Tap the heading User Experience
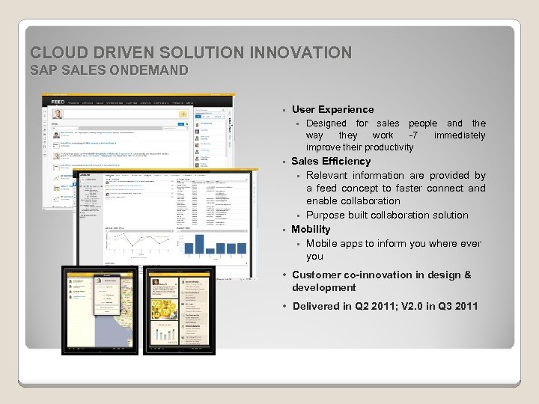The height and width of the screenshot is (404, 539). tap(332, 109)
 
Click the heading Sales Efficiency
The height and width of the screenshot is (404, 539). tap(331, 161)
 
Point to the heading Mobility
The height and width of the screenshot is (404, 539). tap(311, 229)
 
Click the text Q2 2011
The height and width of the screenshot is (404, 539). tap(372, 306)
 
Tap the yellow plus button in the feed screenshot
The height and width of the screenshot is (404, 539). tap(182, 114)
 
